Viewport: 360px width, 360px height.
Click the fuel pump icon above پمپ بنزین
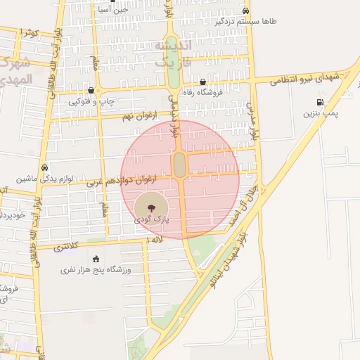point(330,102)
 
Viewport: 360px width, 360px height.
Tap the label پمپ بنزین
point(321,112)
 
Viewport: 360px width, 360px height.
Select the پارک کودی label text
point(152,221)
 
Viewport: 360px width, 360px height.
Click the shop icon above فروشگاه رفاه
point(202,82)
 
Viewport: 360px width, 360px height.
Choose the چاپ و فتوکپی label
point(88,102)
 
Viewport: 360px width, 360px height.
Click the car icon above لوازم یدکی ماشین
point(45,168)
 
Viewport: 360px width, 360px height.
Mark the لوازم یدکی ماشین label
point(37,179)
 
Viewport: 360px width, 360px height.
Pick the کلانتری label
point(66,247)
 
